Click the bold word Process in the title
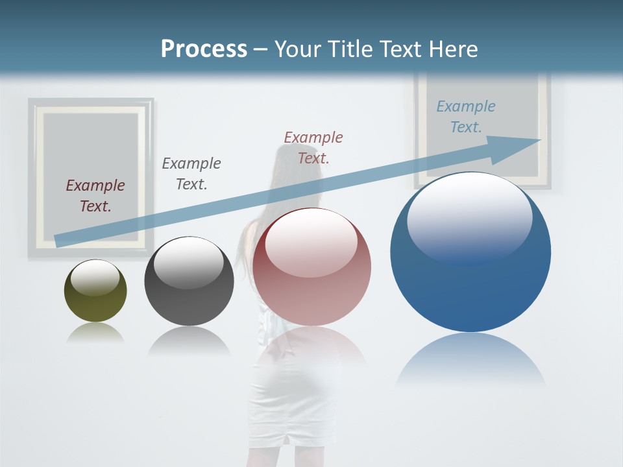pyautogui.click(x=204, y=49)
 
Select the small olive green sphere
pyautogui.click(x=95, y=292)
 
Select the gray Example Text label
pyautogui.click(x=191, y=174)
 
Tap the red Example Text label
pyautogui.click(x=313, y=147)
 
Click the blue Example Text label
pyautogui.click(x=466, y=117)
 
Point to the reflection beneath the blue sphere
pyautogui.click(x=470, y=360)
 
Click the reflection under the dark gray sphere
pyautogui.click(x=189, y=341)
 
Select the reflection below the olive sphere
pyautogui.click(x=95, y=333)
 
